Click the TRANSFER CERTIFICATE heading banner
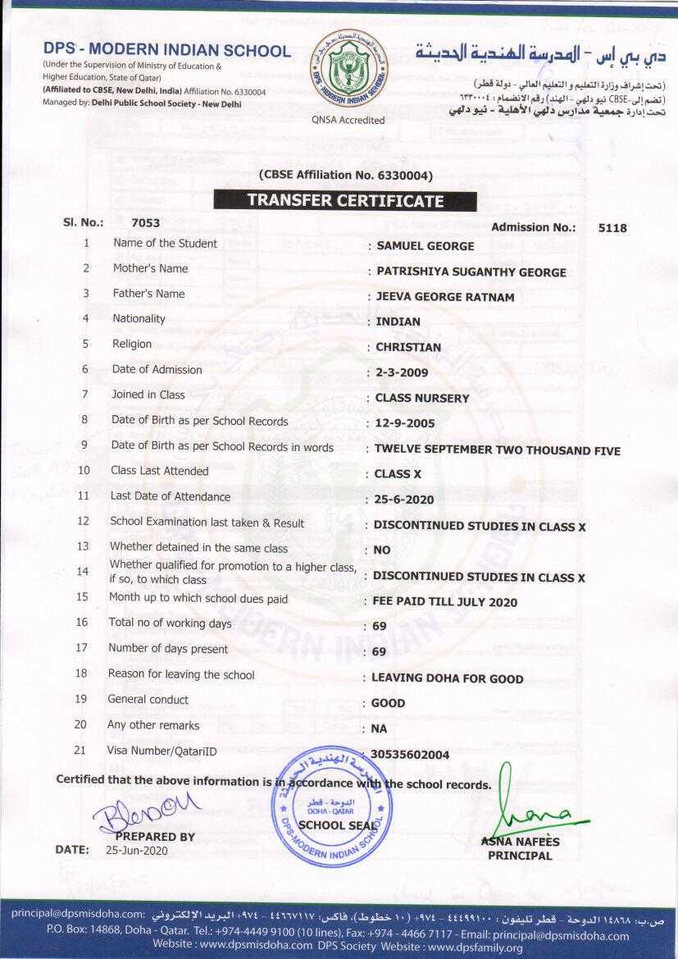tap(345, 200)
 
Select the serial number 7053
tap(146, 222)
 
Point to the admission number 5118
tap(612, 228)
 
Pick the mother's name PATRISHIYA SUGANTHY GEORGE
tap(471, 272)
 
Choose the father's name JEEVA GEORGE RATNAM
tap(445, 297)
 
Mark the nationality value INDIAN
tap(398, 322)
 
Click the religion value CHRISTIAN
tap(408, 347)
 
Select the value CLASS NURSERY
tap(422, 398)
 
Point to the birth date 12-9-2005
tap(404, 424)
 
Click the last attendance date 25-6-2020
tap(404, 500)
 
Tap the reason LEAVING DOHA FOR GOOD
tap(447, 678)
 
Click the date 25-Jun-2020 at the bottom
tap(136, 851)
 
